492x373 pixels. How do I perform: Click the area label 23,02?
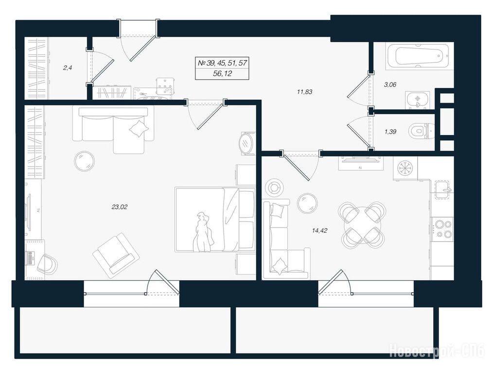[x=119, y=207]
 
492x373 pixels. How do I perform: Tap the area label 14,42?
[x=320, y=231]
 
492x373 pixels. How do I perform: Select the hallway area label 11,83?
[x=304, y=92]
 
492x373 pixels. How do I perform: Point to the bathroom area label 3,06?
[x=390, y=85]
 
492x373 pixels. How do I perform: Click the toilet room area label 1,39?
[x=390, y=132]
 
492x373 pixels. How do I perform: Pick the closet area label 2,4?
[x=68, y=68]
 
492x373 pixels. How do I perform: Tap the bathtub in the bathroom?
[x=419, y=56]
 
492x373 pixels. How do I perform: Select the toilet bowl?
[x=421, y=132]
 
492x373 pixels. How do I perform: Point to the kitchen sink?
[x=443, y=189]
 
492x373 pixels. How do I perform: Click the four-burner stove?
[x=442, y=229]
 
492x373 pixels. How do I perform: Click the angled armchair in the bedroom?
[x=116, y=255]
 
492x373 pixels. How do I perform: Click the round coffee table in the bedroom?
[x=85, y=161]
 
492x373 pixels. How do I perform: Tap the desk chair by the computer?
[x=47, y=264]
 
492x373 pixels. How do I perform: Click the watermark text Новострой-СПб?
[x=437, y=351]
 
